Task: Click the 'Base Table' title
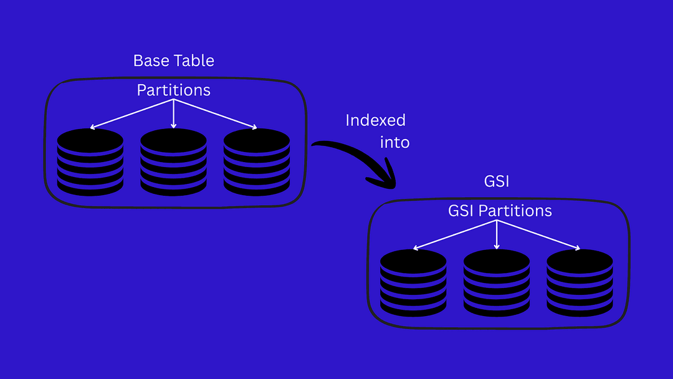click(x=173, y=60)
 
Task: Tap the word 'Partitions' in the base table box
click(x=173, y=90)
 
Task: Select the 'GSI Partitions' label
click(x=500, y=211)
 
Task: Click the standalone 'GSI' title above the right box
click(x=497, y=181)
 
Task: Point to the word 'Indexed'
click(x=376, y=120)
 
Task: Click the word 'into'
click(x=395, y=143)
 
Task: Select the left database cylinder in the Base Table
click(x=90, y=162)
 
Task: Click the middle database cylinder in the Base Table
click(x=173, y=162)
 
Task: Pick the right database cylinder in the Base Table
click(x=257, y=162)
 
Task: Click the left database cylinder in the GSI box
click(x=413, y=283)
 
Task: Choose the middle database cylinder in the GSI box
click(x=497, y=283)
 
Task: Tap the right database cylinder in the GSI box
click(x=580, y=283)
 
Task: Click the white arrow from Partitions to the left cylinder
click(x=131, y=113)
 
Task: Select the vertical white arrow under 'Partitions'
click(x=173, y=113)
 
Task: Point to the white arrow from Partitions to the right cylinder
click(x=216, y=113)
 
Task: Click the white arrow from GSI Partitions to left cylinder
click(x=455, y=235)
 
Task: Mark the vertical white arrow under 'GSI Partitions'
click(x=497, y=235)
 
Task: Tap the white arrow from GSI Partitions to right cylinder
click(x=538, y=235)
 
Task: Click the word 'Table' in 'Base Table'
click(x=194, y=60)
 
